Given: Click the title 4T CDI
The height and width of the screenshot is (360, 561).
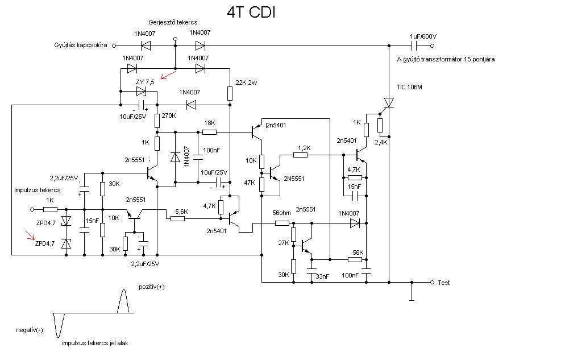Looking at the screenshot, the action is click(x=251, y=13).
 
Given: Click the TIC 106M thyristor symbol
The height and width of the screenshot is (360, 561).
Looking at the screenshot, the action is click(x=389, y=103).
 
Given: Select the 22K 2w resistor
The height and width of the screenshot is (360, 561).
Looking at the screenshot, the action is click(x=230, y=93).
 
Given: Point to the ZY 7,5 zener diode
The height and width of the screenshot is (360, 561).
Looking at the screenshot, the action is click(x=142, y=92).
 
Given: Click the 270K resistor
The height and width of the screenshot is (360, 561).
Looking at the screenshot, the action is click(x=157, y=121).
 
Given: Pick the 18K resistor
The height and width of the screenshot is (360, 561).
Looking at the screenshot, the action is click(x=209, y=132).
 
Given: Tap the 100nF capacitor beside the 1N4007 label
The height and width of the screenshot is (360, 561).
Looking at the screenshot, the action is click(x=198, y=157).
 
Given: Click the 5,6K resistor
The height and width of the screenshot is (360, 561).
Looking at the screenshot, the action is click(x=177, y=218).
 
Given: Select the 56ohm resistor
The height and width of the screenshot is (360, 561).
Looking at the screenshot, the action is click(x=282, y=224).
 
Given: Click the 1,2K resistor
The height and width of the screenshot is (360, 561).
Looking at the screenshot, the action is click(x=301, y=155).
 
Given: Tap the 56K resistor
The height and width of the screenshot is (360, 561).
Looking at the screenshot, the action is click(x=355, y=259).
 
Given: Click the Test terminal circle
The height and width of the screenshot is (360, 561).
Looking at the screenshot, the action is click(x=432, y=282).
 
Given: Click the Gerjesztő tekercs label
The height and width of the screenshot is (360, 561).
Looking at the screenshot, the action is click(x=173, y=22).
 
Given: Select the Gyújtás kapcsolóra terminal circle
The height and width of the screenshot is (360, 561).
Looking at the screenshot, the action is click(x=114, y=46).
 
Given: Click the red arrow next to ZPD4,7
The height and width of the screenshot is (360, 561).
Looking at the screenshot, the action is click(x=30, y=235).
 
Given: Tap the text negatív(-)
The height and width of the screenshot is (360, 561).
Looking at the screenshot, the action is click(x=30, y=330).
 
